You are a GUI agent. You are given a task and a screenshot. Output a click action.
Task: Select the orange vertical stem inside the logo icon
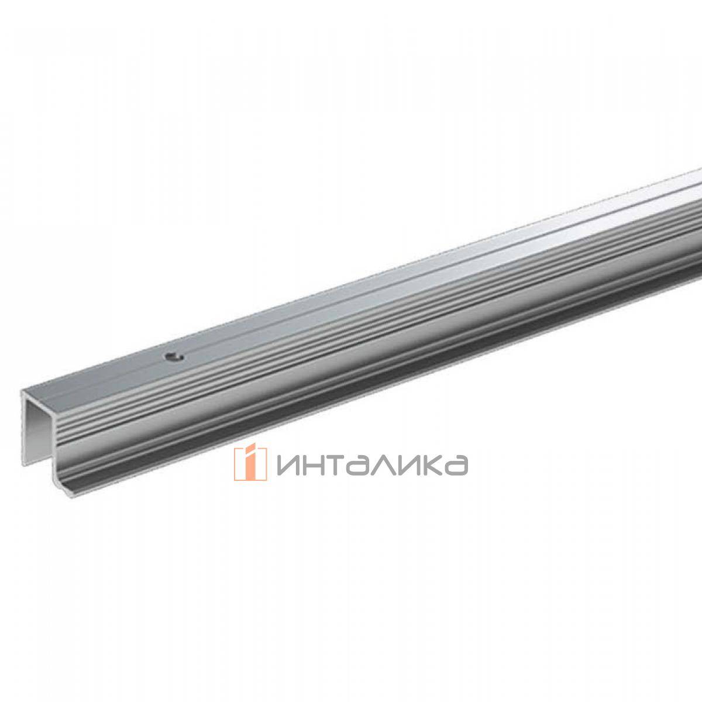click(250, 469)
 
